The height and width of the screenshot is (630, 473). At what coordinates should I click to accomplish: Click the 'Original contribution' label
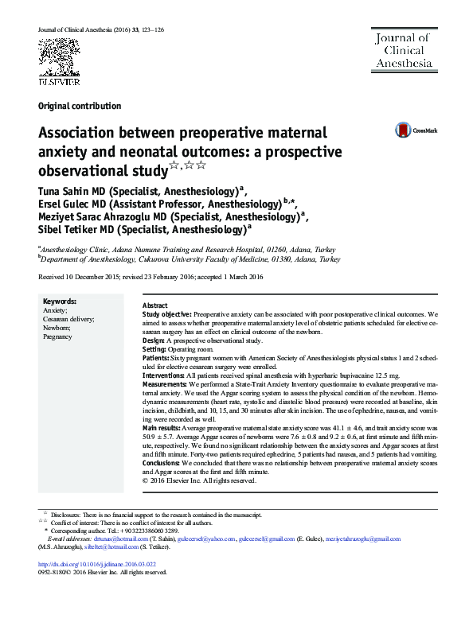(79, 106)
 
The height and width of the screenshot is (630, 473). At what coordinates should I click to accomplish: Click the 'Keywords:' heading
(60, 302)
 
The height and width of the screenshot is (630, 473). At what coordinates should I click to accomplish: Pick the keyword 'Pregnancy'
(57, 337)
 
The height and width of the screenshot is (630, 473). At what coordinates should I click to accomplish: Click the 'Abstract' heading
(154, 306)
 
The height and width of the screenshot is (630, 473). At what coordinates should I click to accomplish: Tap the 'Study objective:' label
(166, 315)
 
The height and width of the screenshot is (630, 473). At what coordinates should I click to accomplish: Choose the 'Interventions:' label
(165, 373)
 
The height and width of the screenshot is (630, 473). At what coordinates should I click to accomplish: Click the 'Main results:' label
(162, 428)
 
